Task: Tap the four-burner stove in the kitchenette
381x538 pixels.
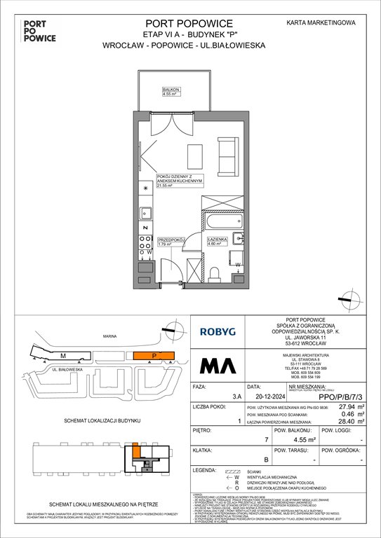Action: (x=146, y=242)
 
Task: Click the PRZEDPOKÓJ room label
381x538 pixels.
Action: (x=171, y=240)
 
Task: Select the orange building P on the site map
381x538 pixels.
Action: (x=153, y=355)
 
